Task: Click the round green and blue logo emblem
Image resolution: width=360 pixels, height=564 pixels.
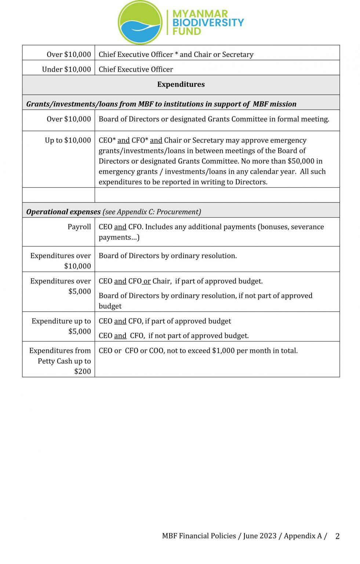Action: [140, 22]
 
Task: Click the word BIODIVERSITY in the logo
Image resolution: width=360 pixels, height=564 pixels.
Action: [208, 22]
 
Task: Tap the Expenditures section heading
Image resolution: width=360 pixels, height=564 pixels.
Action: [181, 84]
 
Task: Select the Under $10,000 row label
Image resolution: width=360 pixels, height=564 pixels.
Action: [66, 69]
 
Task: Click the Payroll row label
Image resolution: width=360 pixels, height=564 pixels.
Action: [79, 227]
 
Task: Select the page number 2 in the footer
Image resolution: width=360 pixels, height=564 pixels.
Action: [337, 536]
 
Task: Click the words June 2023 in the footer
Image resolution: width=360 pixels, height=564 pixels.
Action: [259, 536]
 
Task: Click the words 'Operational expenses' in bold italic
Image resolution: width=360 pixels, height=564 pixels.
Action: [63, 212]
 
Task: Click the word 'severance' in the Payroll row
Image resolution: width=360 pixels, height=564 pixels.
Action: [307, 227]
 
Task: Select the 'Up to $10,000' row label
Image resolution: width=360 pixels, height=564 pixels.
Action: [68, 140]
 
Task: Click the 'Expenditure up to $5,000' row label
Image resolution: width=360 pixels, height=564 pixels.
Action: [61, 326]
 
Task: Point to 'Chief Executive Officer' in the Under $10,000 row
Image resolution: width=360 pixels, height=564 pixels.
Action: [136, 69]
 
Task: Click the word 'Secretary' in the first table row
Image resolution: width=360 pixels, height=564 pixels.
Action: [238, 55]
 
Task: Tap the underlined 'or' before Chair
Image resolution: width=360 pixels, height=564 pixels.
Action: [147, 281]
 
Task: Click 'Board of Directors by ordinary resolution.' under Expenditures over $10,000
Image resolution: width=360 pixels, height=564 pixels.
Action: [168, 256]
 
